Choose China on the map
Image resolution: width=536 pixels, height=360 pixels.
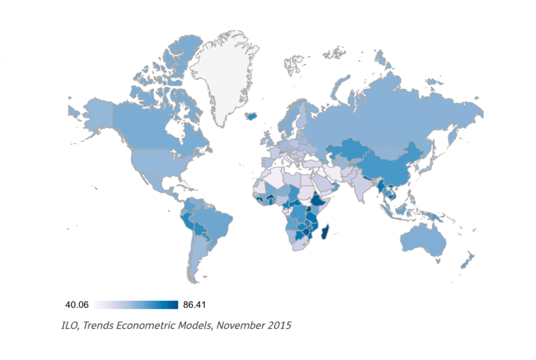[x=387, y=167]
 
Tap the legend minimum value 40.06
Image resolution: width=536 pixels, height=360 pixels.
[x=76, y=305]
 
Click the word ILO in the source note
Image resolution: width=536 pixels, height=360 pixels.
[x=70, y=325]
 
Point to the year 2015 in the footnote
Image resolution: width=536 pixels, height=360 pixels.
[x=278, y=325]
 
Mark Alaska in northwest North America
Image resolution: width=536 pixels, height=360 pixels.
[x=94, y=115]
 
